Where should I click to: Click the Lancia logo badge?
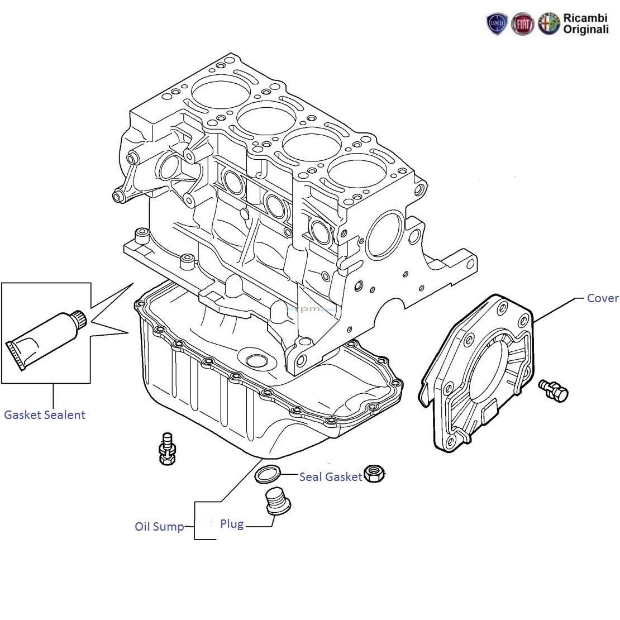coord(497,23)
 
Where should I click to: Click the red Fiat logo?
coord(522,24)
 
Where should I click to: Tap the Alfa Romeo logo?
coord(549,23)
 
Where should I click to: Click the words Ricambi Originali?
coord(585,23)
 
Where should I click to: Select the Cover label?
coord(602,298)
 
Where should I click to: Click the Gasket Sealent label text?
coord(45,415)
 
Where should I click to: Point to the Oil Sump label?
coord(159,527)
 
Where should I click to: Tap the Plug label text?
coord(232,524)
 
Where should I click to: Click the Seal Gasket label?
coord(331,477)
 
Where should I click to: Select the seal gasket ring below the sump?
coord(268,474)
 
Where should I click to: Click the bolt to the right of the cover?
coord(554,390)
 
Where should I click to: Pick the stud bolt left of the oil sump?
coord(167,449)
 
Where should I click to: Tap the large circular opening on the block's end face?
coord(385,235)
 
